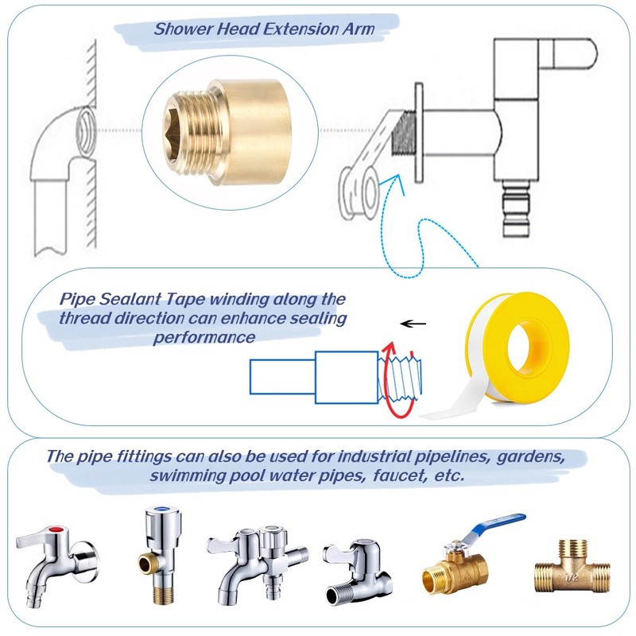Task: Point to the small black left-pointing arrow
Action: pyautogui.click(x=411, y=324)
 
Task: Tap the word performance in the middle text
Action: pyautogui.click(x=204, y=337)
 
